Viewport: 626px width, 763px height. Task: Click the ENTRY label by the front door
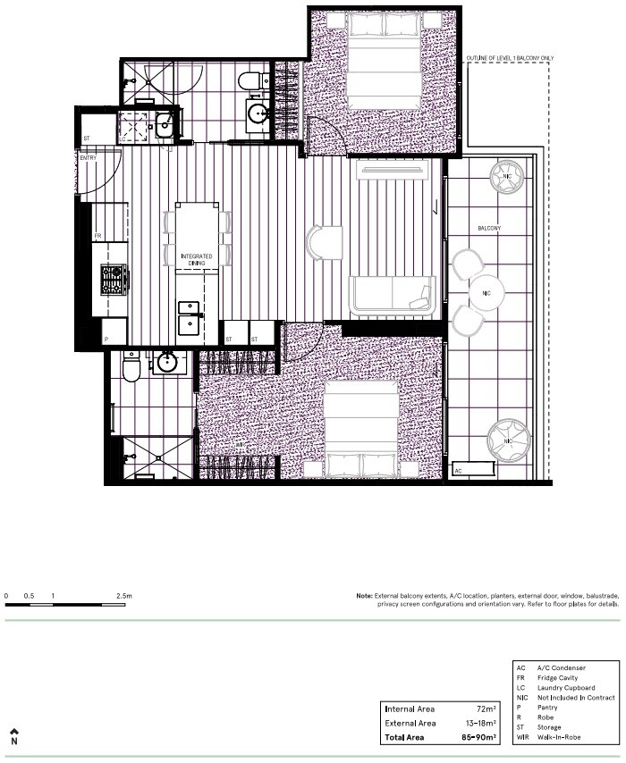coord(88,158)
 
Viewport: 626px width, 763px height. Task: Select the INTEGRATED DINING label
coord(196,260)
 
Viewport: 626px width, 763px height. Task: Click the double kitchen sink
coord(190,318)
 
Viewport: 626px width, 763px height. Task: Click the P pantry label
coord(106,339)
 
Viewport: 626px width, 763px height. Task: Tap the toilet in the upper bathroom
coord(251,80)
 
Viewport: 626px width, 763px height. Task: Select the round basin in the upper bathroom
coord(258,113)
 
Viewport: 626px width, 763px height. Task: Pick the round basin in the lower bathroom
coord(167,362)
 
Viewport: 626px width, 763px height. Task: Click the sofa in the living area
coord(392,296)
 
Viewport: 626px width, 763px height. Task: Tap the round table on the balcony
coord(486,292)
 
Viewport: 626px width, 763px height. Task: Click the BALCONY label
coord(489,229)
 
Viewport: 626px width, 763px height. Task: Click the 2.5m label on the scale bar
coord(123,595)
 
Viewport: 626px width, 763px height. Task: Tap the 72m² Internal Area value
coord(486,708)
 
